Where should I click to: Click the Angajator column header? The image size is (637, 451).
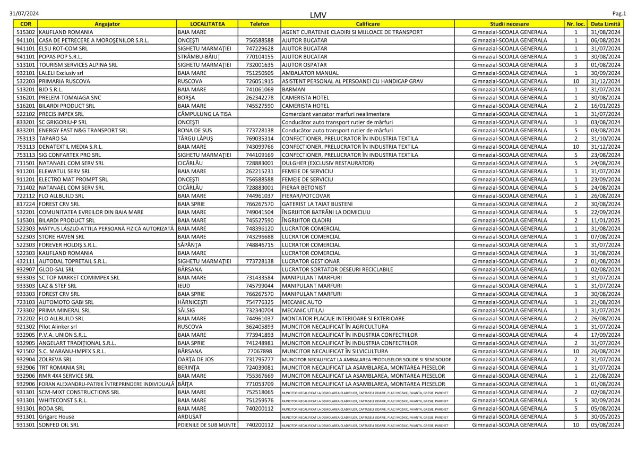107,24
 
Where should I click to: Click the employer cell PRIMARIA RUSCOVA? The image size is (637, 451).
65,81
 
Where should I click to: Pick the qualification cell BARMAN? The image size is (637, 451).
294,90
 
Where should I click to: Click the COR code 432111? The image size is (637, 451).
26,261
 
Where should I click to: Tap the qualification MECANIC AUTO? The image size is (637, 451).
302,302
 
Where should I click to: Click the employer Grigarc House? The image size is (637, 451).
56,417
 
